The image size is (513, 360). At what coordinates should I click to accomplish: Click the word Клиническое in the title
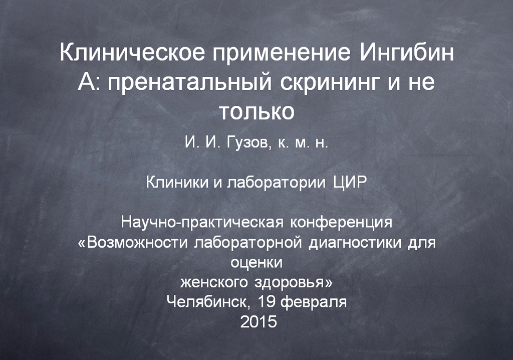[133, 53]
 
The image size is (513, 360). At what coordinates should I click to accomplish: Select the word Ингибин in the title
[407, 53]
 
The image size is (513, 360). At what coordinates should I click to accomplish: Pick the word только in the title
[256, 112]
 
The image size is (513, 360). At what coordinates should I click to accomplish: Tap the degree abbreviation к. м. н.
[303, 143]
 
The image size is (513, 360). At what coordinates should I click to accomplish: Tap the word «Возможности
[133, 242]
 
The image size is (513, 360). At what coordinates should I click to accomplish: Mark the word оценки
[256, 263]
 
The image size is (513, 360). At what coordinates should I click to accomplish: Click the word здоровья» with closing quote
[294, 282]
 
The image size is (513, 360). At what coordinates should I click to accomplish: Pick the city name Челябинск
[208, 302]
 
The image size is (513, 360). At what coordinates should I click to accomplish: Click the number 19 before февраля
[267, 301]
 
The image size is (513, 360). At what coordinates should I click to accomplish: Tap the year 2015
[259, 322]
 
